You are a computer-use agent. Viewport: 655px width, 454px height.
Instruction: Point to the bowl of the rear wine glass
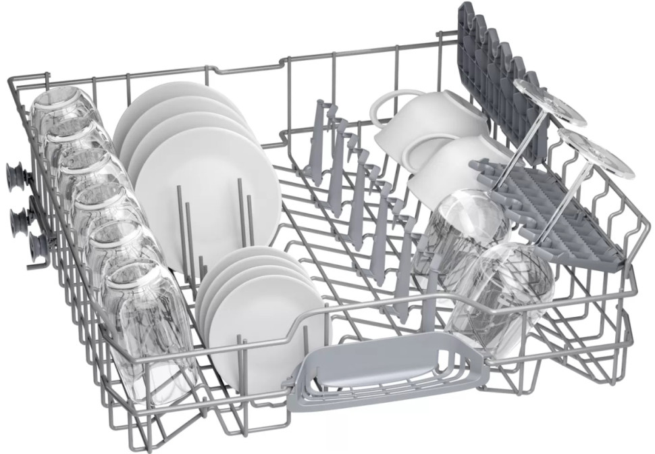pyautogui.click(x=466, y=230)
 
